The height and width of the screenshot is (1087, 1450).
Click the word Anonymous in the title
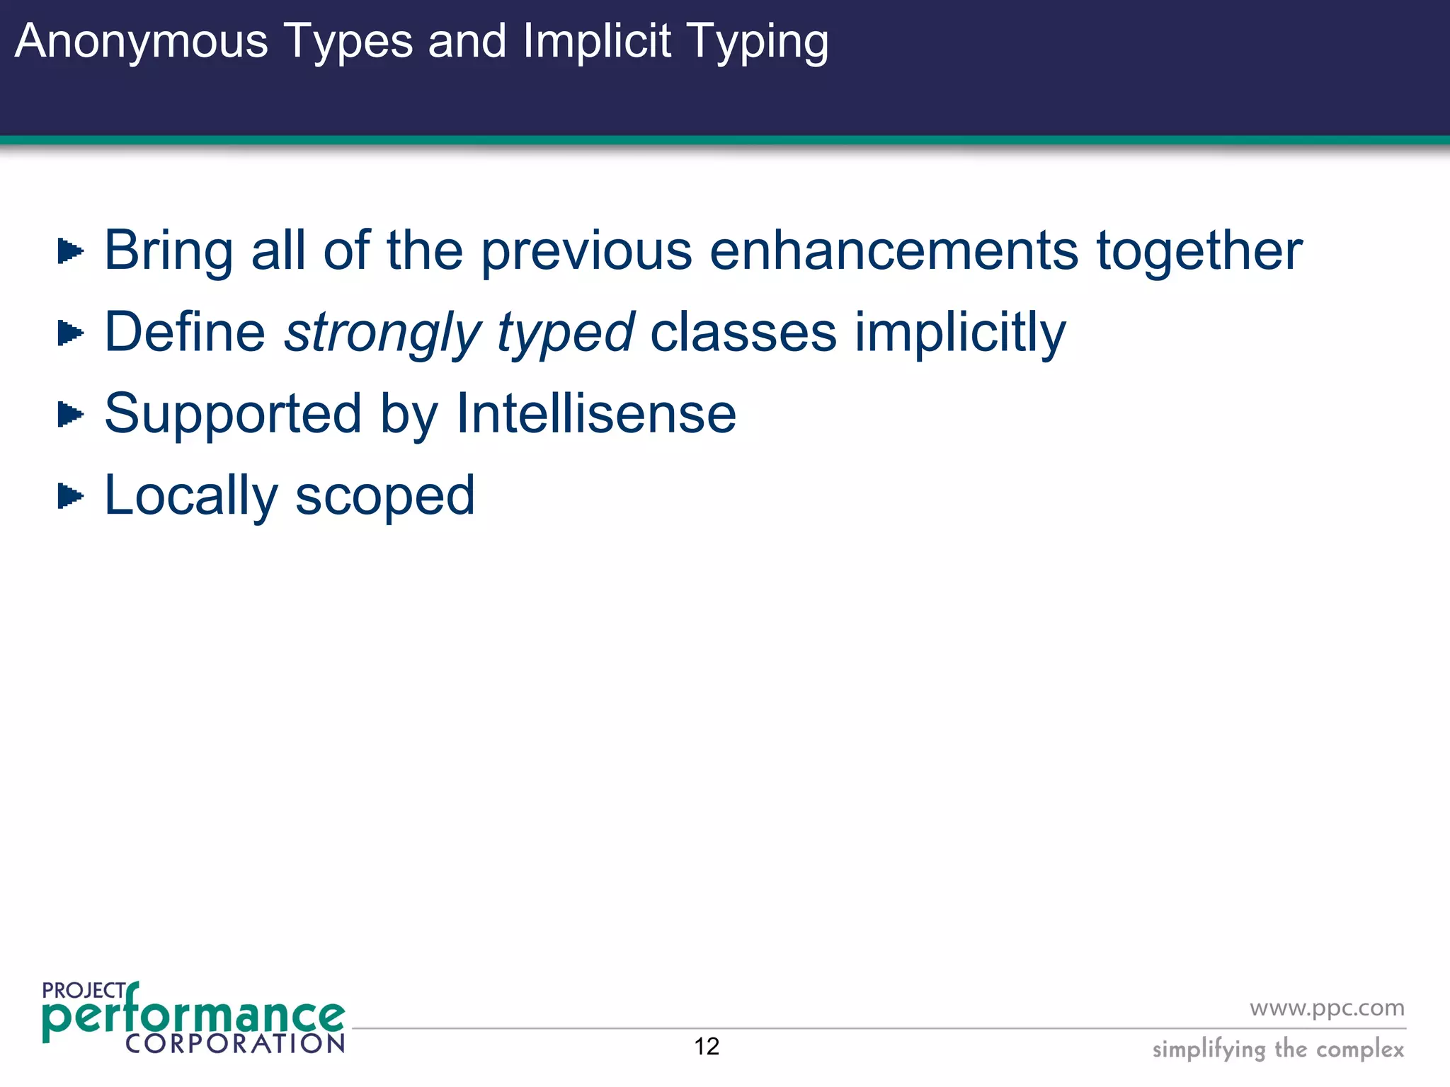[x=141, y=41]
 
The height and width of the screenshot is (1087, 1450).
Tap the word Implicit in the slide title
[x=596, y=41]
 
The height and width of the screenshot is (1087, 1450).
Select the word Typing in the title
[x=758, y=41]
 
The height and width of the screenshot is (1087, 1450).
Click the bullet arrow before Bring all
[x=70, y=251]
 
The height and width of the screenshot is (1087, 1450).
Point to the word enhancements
[x=894, y=251]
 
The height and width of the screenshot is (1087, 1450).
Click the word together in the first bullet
[x=1199, y=251]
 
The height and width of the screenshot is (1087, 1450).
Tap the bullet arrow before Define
[x=70, y=333]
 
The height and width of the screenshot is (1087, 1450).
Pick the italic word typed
[x=565, y=333]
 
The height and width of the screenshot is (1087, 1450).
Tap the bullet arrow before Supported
[x=70, y=414]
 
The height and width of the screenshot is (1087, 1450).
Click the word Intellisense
[x=595, y=414]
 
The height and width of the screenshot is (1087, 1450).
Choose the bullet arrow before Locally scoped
[x=70, y=495]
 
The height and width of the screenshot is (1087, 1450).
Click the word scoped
[x=384, y=495]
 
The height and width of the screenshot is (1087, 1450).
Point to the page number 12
[x=707, y=1046]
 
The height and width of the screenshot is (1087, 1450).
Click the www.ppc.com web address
[x=1327, y=1008]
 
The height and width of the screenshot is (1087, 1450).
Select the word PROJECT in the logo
[x=83, y=991]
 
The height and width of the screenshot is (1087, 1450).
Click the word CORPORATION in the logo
[x=235, y=1043]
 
